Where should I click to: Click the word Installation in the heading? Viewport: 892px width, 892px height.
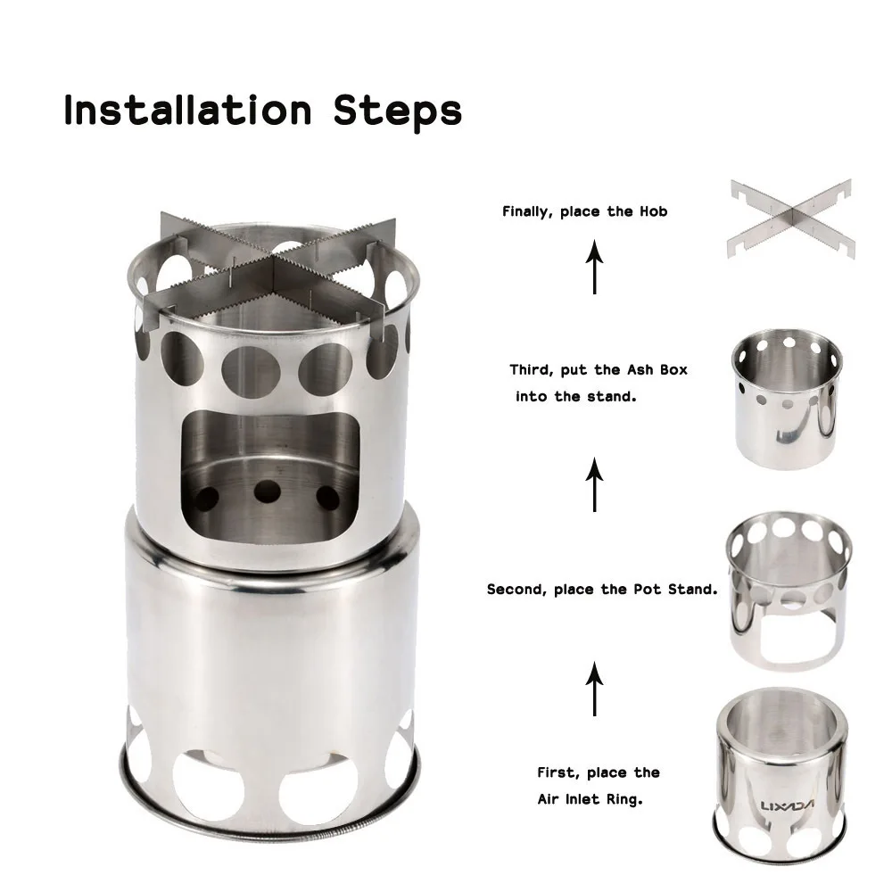click(187, 110)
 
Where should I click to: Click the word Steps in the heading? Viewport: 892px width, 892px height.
click(397, 112)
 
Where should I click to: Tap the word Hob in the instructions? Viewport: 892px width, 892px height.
click(653, 211)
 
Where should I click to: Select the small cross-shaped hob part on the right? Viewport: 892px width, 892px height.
click(791, 219)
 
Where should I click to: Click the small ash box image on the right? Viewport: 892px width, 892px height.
click(786, 399)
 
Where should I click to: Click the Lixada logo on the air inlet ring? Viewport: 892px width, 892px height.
click(787, 805)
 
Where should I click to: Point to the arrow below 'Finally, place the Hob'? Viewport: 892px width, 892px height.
click(594, 267)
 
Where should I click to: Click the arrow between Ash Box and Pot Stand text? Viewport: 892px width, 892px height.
click(594, 485)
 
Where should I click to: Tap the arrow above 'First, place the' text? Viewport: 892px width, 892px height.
click(594, 689)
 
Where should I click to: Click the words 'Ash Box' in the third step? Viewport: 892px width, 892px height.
click(657, 370)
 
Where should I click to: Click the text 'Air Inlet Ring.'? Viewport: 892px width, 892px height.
click(590, 799)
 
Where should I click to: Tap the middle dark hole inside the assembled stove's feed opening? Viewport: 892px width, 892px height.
click(268, 491)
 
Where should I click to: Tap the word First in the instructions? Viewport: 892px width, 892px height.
click(557, 772)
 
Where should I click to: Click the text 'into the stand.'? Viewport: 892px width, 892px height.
click(575, 397)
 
